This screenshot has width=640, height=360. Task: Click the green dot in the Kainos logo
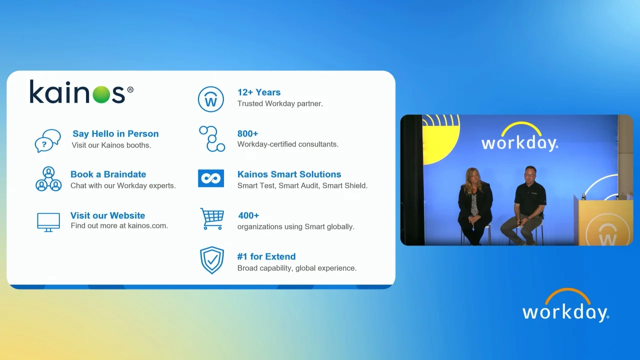click(101, 94)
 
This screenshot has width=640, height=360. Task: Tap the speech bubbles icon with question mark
click(47, 141)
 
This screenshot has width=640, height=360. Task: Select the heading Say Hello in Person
click(115, 133)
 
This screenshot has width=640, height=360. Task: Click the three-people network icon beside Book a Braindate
click(48, 179)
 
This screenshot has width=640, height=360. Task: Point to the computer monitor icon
click(48, 222)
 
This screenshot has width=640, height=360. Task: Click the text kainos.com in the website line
click(147, 225)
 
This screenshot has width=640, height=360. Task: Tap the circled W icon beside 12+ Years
click(211, 99)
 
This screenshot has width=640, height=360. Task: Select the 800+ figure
click(247, 133)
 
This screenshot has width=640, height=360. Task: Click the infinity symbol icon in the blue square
click(211, 178)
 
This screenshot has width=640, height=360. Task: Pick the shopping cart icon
click(212, 219)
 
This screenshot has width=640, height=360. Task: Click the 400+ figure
click(248, 215)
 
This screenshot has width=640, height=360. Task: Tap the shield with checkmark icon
click(211, 260)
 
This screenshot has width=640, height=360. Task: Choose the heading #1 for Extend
click(266, 256)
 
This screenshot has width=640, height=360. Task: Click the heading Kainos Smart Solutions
click(289, 174)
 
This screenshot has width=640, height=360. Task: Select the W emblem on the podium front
click(607, 232)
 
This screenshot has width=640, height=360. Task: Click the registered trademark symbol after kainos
click(130, 89)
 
